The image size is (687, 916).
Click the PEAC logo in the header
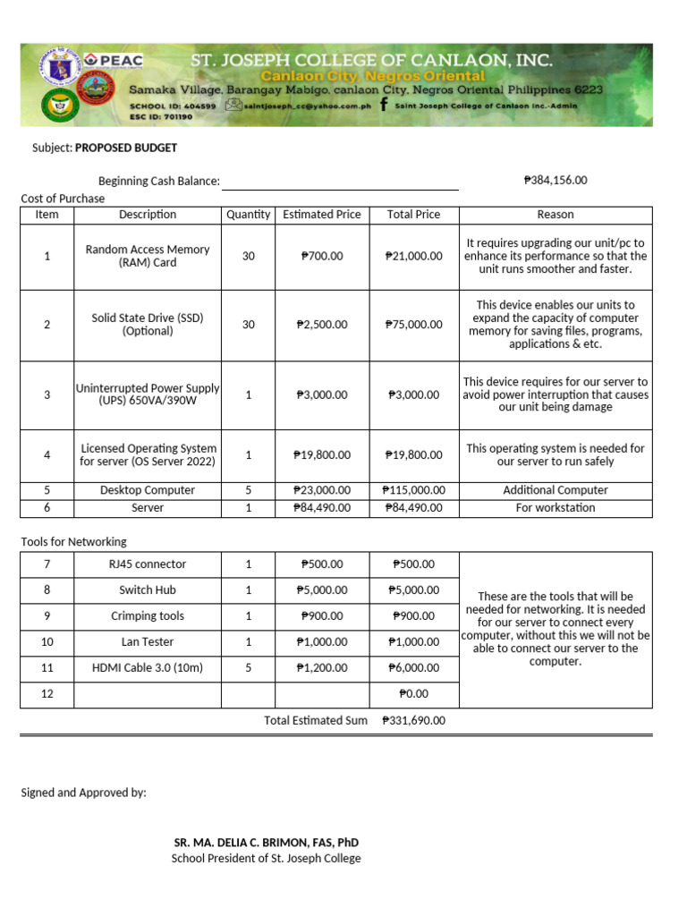(x=115, y=61)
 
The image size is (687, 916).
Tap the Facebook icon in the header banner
(x=384, y=105)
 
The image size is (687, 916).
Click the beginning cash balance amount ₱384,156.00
(x=556, y=180)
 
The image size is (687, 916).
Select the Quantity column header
(x=249, y=215)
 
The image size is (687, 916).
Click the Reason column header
(x=556, y=215)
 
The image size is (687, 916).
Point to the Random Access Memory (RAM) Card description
(x=148, y=256)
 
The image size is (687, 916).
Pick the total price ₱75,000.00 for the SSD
(x=413, y=325)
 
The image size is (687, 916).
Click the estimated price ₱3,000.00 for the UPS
(x=322, y=394)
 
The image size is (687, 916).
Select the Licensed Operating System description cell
(x=148, y=454)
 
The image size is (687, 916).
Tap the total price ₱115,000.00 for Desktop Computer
(x=413, y=490)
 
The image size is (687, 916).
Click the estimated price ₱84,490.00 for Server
(x=322, y=507)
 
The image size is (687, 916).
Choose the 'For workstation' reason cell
(x=556, y=507)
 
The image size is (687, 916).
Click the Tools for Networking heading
(x=74, y=541)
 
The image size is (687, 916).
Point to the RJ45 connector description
(x=148, y=564)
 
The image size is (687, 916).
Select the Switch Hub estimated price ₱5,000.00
(x=322, y=590)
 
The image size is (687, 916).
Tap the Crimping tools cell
(x=148, y=616)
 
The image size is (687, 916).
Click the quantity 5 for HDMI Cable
(x=249, y=667)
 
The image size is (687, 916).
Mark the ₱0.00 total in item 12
(x=413, y=693)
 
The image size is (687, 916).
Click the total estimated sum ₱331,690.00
(x=413, y=720)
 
